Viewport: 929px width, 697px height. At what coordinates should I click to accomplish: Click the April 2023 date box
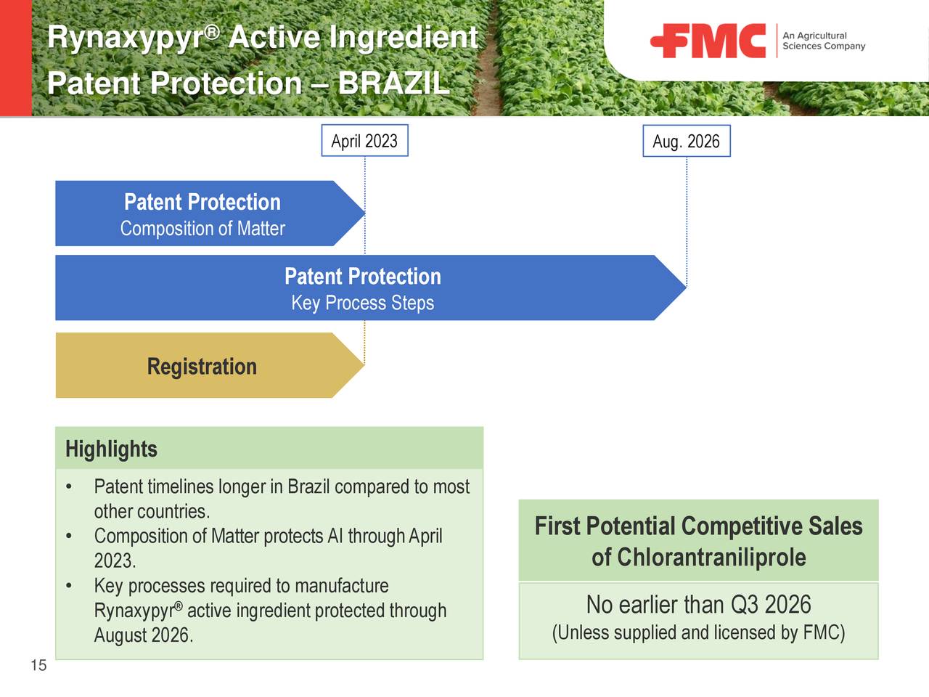click(364, 141)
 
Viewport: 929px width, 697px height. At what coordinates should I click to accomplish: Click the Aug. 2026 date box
click(686, 142)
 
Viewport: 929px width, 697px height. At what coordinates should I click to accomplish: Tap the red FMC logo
click(708, 41)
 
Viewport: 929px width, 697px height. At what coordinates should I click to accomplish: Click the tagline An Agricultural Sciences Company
click(823, 41)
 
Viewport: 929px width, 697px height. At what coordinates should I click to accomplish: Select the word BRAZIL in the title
click(393, 83)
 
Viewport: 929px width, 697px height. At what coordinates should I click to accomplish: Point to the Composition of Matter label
click(202, 229)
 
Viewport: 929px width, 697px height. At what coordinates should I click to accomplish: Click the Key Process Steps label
click(362, 303)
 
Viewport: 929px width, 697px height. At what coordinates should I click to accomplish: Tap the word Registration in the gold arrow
click(202, 367)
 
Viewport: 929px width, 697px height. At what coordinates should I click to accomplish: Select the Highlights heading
click(111, 449)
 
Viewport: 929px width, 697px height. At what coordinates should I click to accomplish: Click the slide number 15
click(38, 665)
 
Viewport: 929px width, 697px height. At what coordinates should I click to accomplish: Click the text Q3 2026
click(771, 604)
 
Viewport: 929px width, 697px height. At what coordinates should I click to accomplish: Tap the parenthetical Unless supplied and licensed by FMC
click(698, 633)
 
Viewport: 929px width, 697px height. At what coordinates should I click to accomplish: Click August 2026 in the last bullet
click(143, 635)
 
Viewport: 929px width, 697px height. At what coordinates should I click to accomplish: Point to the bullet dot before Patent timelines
click(68, 487)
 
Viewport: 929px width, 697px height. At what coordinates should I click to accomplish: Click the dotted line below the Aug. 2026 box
click(686, 218)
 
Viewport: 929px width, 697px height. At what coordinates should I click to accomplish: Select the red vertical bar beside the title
click(16, 58)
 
